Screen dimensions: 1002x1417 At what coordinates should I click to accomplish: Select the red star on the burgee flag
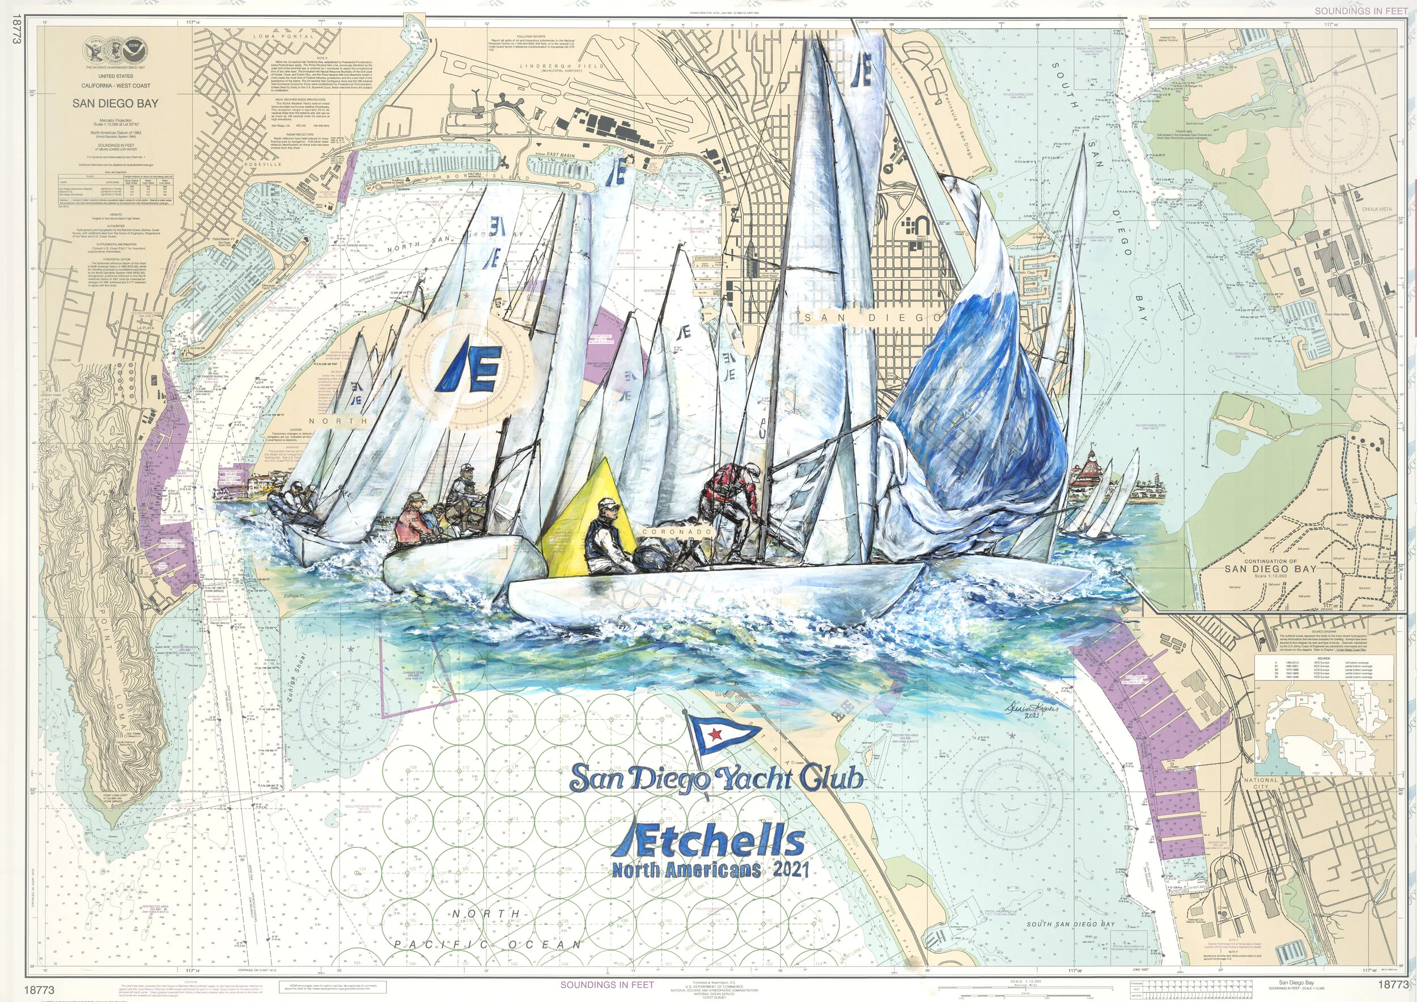point(716,734)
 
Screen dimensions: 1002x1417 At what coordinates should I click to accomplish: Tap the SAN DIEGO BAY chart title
point(116,104)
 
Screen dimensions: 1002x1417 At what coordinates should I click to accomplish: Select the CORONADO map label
point(676,530)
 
